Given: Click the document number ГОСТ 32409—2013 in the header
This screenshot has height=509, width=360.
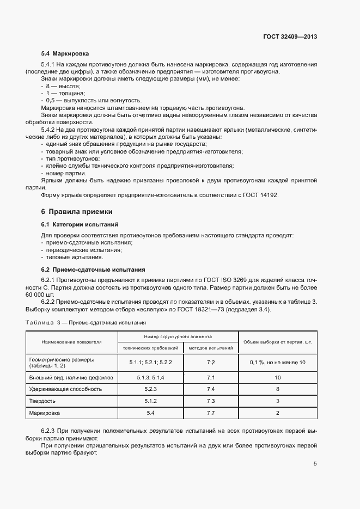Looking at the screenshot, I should click(x=290, y=37).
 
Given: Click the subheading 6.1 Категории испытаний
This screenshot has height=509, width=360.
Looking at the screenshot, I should click(x=80, y=224).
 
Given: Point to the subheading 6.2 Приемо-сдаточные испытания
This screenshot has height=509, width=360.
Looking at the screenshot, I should click(x=93, y=269).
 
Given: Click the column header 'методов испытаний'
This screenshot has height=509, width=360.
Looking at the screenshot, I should click(x=211, y=347).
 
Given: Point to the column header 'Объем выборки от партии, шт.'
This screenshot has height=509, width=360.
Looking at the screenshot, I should click(x=278, y=342).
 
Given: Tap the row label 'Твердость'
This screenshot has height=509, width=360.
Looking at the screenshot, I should click(x=41, y=401).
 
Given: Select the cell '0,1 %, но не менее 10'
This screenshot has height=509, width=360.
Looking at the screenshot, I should click(x=278, y=362).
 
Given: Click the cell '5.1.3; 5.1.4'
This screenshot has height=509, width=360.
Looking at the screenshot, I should click(x=151, y=377).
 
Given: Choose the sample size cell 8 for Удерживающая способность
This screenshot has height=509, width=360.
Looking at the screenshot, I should click(x=278, y=389).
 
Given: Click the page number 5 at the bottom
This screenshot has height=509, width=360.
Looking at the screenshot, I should click(x=315, y=464).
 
